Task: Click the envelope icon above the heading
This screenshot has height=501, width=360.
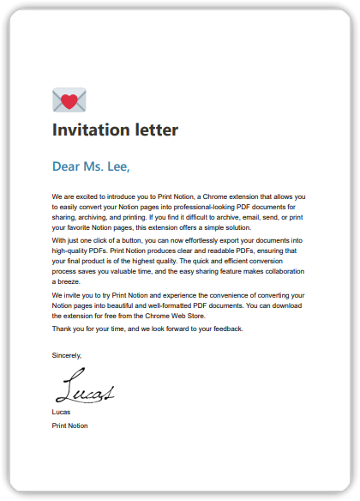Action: click(69, 100)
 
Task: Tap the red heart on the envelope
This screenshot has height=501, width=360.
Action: click(69, 101)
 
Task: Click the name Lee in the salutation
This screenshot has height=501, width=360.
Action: click(120, 166)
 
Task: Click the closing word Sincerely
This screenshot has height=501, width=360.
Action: click(67, 354)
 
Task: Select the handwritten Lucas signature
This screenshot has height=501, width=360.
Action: click(83, 389)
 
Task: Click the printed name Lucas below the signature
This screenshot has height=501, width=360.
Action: click(62, 413)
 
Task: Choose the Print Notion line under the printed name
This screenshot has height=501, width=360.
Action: click(69, 426)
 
